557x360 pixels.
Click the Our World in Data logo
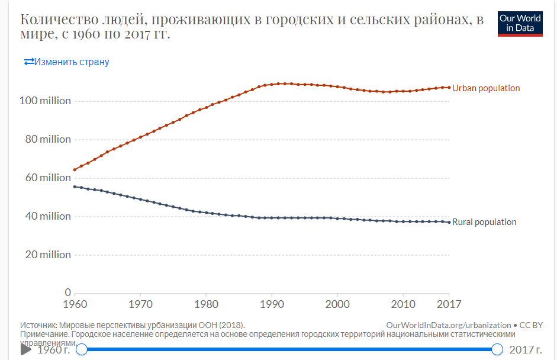520,23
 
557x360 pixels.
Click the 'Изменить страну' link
66,62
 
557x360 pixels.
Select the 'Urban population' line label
486,88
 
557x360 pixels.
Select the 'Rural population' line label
484,222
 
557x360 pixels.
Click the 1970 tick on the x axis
140,304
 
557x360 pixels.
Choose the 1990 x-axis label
272,304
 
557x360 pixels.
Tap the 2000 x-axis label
337,304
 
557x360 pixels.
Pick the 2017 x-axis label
449,304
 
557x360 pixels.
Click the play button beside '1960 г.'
25,349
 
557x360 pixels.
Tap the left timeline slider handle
82,349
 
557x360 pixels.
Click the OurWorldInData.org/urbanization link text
448,325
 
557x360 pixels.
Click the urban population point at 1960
75,170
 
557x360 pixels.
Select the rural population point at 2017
449,222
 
